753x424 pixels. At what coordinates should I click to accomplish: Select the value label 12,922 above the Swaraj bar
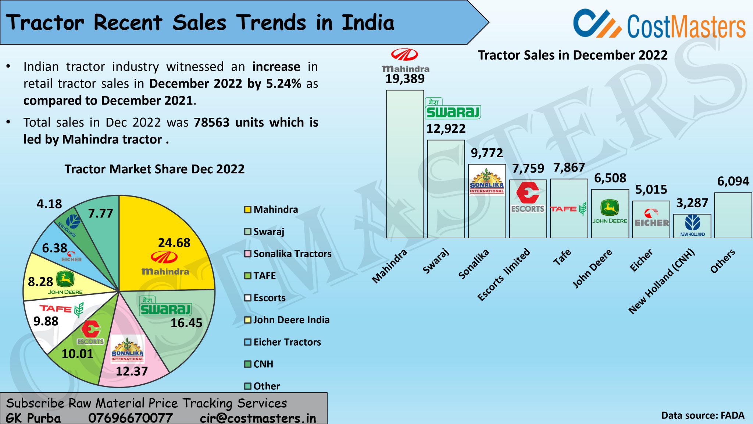446,129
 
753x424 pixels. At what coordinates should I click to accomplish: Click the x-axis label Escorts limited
504,274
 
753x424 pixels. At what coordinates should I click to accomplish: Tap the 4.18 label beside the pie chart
49,204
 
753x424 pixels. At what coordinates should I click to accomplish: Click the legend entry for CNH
263,364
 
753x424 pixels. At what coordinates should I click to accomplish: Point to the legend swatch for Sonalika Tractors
248,254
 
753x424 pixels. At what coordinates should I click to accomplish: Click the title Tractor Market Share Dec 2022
154,169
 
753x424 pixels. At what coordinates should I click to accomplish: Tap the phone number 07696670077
130,418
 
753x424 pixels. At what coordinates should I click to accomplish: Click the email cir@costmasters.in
258,418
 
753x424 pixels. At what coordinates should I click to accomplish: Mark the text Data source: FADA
703,416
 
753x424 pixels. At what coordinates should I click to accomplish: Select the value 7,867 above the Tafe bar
569,168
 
